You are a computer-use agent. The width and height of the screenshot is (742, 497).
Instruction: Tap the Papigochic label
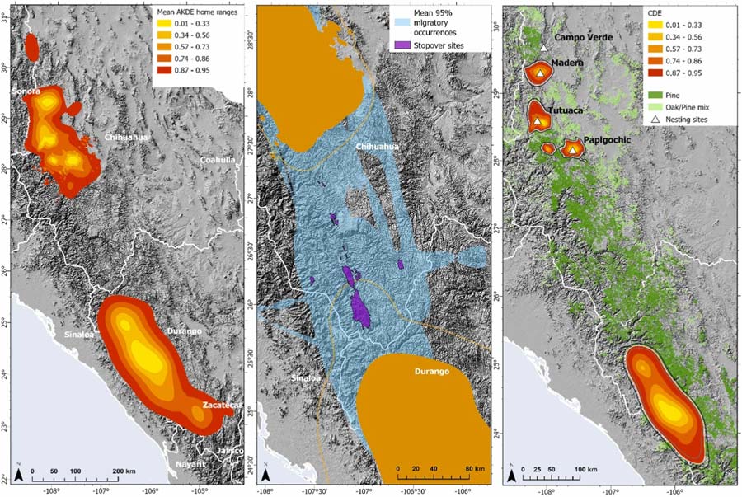coord(608,140)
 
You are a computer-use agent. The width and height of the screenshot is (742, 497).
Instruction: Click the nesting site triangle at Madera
coord(539,74)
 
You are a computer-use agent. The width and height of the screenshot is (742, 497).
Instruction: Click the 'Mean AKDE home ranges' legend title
coord(197,14)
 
